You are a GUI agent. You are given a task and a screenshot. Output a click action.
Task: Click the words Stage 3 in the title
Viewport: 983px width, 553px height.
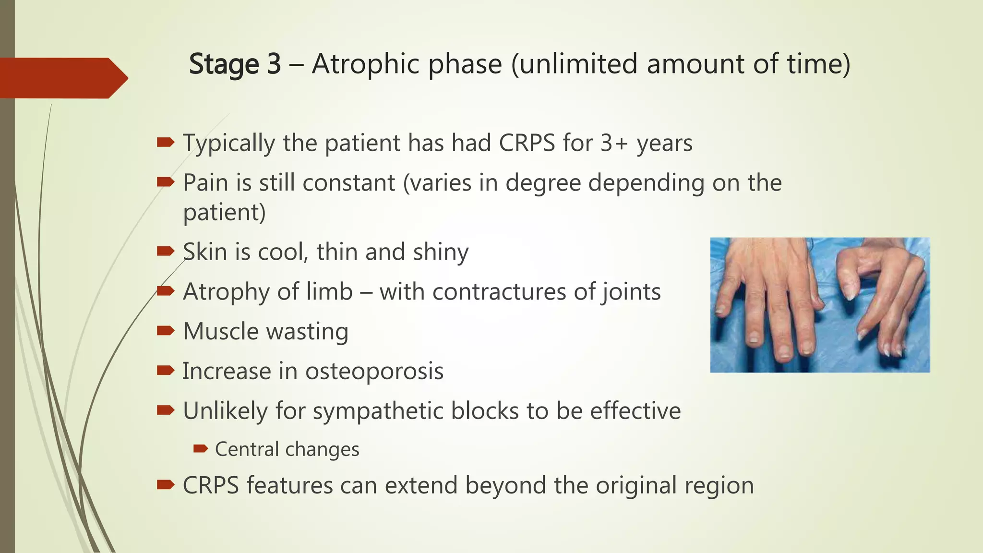coord(235,64)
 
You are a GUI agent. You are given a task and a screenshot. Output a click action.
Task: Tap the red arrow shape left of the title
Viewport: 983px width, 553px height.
coord(62,78)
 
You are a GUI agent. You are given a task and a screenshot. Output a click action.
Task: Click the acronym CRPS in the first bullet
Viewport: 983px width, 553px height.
coord(527,143)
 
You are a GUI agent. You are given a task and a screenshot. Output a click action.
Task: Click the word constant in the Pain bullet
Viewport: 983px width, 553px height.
coord(349,183)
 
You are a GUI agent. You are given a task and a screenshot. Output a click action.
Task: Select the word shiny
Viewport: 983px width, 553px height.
coord(441,252)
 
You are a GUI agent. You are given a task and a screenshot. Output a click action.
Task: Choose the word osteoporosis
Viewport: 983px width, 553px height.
coord(374,371)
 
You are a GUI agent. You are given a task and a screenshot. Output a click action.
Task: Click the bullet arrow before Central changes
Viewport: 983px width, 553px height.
coord(200,449)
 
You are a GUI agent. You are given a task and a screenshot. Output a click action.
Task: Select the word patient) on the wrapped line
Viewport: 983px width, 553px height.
coord(224,213)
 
